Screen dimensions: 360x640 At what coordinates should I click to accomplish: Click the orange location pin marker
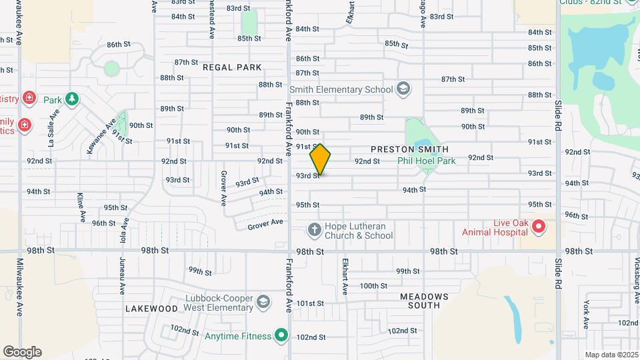[320, 159]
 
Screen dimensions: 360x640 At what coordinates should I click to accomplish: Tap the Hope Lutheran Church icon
[314, 230]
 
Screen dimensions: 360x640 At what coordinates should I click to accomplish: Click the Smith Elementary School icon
[403, 88]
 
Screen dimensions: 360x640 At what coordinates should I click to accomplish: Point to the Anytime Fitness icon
[282, 335]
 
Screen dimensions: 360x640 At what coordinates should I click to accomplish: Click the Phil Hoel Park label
[427, 161]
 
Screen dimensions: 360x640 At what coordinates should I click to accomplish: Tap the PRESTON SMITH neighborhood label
[409, 149]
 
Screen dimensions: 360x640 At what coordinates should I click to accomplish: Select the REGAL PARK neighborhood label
[232, 67]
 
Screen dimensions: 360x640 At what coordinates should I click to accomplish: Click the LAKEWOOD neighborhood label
[151, 309]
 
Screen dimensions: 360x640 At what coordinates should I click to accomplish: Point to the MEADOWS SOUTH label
[420, 300]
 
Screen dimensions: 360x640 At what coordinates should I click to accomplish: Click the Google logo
[22, 352]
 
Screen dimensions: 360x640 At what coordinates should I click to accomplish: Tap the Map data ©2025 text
[611, 355]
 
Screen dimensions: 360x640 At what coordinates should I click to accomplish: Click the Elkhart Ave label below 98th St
[345, 277]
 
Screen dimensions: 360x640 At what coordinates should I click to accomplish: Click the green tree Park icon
[71, 100]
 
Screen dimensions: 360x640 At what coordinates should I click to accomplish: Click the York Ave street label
[586, 314]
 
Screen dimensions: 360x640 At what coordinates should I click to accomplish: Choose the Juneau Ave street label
[123, 276]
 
